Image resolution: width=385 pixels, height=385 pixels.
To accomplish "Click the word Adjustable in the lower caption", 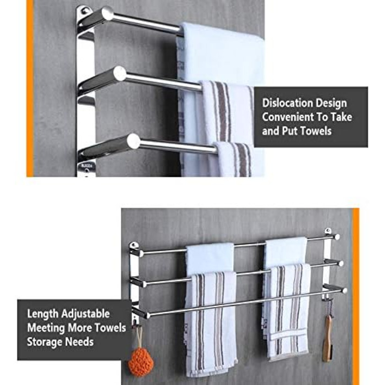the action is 85,314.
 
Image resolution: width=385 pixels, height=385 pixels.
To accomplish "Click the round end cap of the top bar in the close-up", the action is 108,13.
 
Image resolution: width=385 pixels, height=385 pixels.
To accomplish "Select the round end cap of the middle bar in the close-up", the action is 120,73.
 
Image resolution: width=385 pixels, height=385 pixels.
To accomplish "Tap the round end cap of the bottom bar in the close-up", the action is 134,141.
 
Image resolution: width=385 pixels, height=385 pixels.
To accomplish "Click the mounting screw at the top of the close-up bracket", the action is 85,11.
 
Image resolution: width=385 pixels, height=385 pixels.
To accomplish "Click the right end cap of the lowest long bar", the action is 344,291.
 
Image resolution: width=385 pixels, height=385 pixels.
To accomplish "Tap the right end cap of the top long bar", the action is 337,237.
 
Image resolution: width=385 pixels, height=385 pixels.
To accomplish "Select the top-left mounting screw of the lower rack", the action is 133,245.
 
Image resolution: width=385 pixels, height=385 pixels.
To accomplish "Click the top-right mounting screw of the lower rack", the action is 328,230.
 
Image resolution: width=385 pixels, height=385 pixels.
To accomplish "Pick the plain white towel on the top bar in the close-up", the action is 221,57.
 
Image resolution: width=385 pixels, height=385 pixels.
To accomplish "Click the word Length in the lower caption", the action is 43,314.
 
